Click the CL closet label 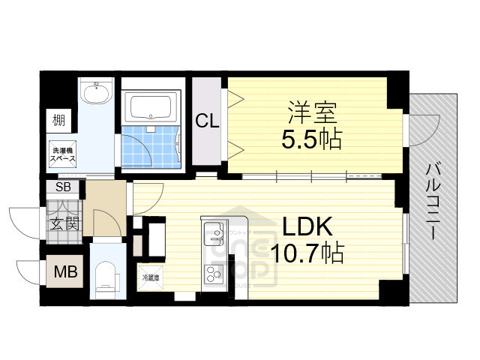[208, 120]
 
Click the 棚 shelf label [58, 119]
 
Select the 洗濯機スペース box [62, 155]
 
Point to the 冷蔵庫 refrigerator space [151, 278]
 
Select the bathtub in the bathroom [152, 108]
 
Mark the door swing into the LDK [148, 193]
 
